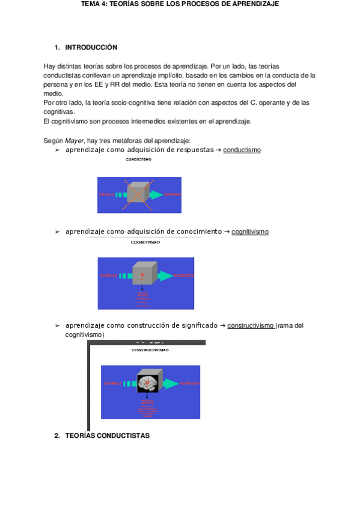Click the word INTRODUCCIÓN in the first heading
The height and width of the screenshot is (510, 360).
pyautogui.click(x=91, y=47)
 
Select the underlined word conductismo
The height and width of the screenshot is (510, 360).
pyautogui.click(x=242, y=150)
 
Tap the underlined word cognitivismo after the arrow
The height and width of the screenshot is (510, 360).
pyautogui.click(x=250, y=232)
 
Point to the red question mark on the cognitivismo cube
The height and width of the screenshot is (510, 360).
pyautogui.click(x=142, y=276)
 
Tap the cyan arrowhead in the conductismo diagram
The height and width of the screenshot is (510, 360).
pyautogui.click(x=157, y=195)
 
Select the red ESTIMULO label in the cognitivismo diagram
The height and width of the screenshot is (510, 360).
pyautogui.click(x=111, y=275)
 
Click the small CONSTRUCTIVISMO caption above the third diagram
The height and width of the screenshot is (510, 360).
pyautogui.click(x=150, y=349)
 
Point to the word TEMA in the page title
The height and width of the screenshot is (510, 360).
pyautogui.click(x=91, y=4)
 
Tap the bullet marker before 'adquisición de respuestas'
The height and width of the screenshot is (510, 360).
pyautogui.click(x=58, y=150)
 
